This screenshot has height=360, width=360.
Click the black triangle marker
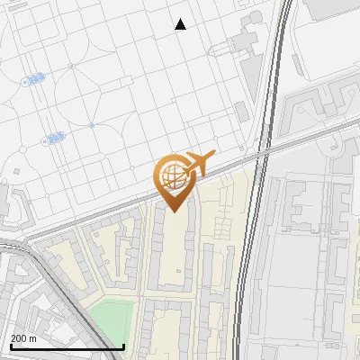(180, 24)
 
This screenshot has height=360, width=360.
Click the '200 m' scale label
(23, 338)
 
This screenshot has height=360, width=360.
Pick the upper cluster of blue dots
(34, 79)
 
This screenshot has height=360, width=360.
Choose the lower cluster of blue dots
(53, 139)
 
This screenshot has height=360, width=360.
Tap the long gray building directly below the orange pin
(170, 252)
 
